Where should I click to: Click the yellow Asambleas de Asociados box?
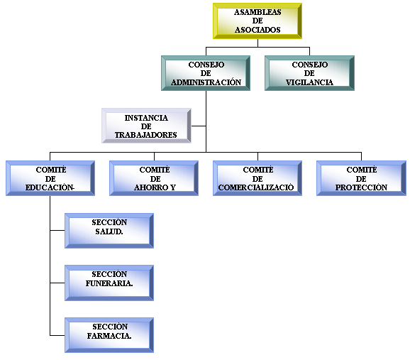pyautogui.click(x=257, y=21)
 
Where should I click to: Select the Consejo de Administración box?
pyautogui.click(x=206, y=73)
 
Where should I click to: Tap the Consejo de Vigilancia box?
pyautogui.click(x=309, y=73)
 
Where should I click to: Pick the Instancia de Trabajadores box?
pyautogui.click(x=146, y=126)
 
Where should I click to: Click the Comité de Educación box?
pyautogui.click(x=50, y=178)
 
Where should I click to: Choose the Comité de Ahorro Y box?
pyautogui.click(x=154, y=178)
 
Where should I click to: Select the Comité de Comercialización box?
pyautogui.click(x=257, y=178)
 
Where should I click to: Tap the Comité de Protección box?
pyautogui.click(x=361, y=178)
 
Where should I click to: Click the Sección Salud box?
pyautogui.click(x=109, y=231)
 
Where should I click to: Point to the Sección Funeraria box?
pyautogui.click(x=109, y=283)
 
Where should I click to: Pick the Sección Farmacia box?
pyautogui.click(x=109, y=335)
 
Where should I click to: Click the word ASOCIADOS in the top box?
pyautogui.click(x=257, y=30)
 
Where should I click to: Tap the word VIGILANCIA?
pyautogui.click(x=309, y=82)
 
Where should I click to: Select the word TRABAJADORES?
pyautogui.click(x=146, y=135)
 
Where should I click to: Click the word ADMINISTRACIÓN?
pyautogui.click(x=206, y=82)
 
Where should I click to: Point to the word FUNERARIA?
pyautogui.click(x=109, y=283)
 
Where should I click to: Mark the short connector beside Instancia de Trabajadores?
pyautogui.click(x=199, y=126)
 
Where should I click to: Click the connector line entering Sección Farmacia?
pyautogui.click(x=57, y=335)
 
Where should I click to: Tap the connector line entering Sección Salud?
pyautogui.click(x=57, y=231)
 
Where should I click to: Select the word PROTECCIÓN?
pyautogui.click(x=361, y=187)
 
